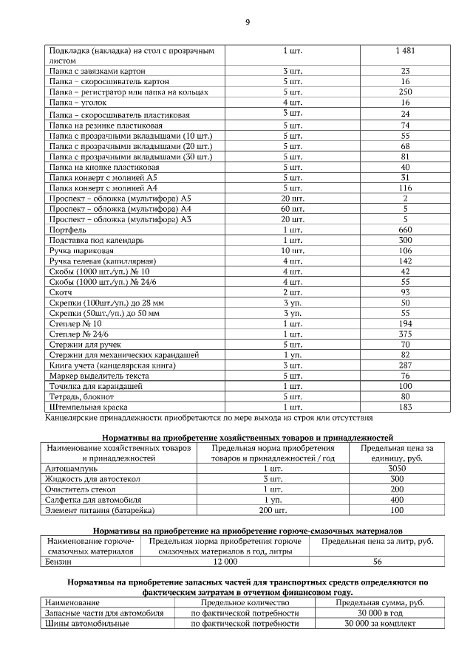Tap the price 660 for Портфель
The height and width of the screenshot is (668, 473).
(x=405, y=230)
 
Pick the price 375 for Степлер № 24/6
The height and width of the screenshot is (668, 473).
(x=405, y=334)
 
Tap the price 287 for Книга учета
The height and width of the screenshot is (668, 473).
(x=405, y=365)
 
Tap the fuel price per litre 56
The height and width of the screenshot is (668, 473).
(x=377, y=562)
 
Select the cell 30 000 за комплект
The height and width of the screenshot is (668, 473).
(x=380, y=624)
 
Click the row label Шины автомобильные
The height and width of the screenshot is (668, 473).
(x=86, y=624)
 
